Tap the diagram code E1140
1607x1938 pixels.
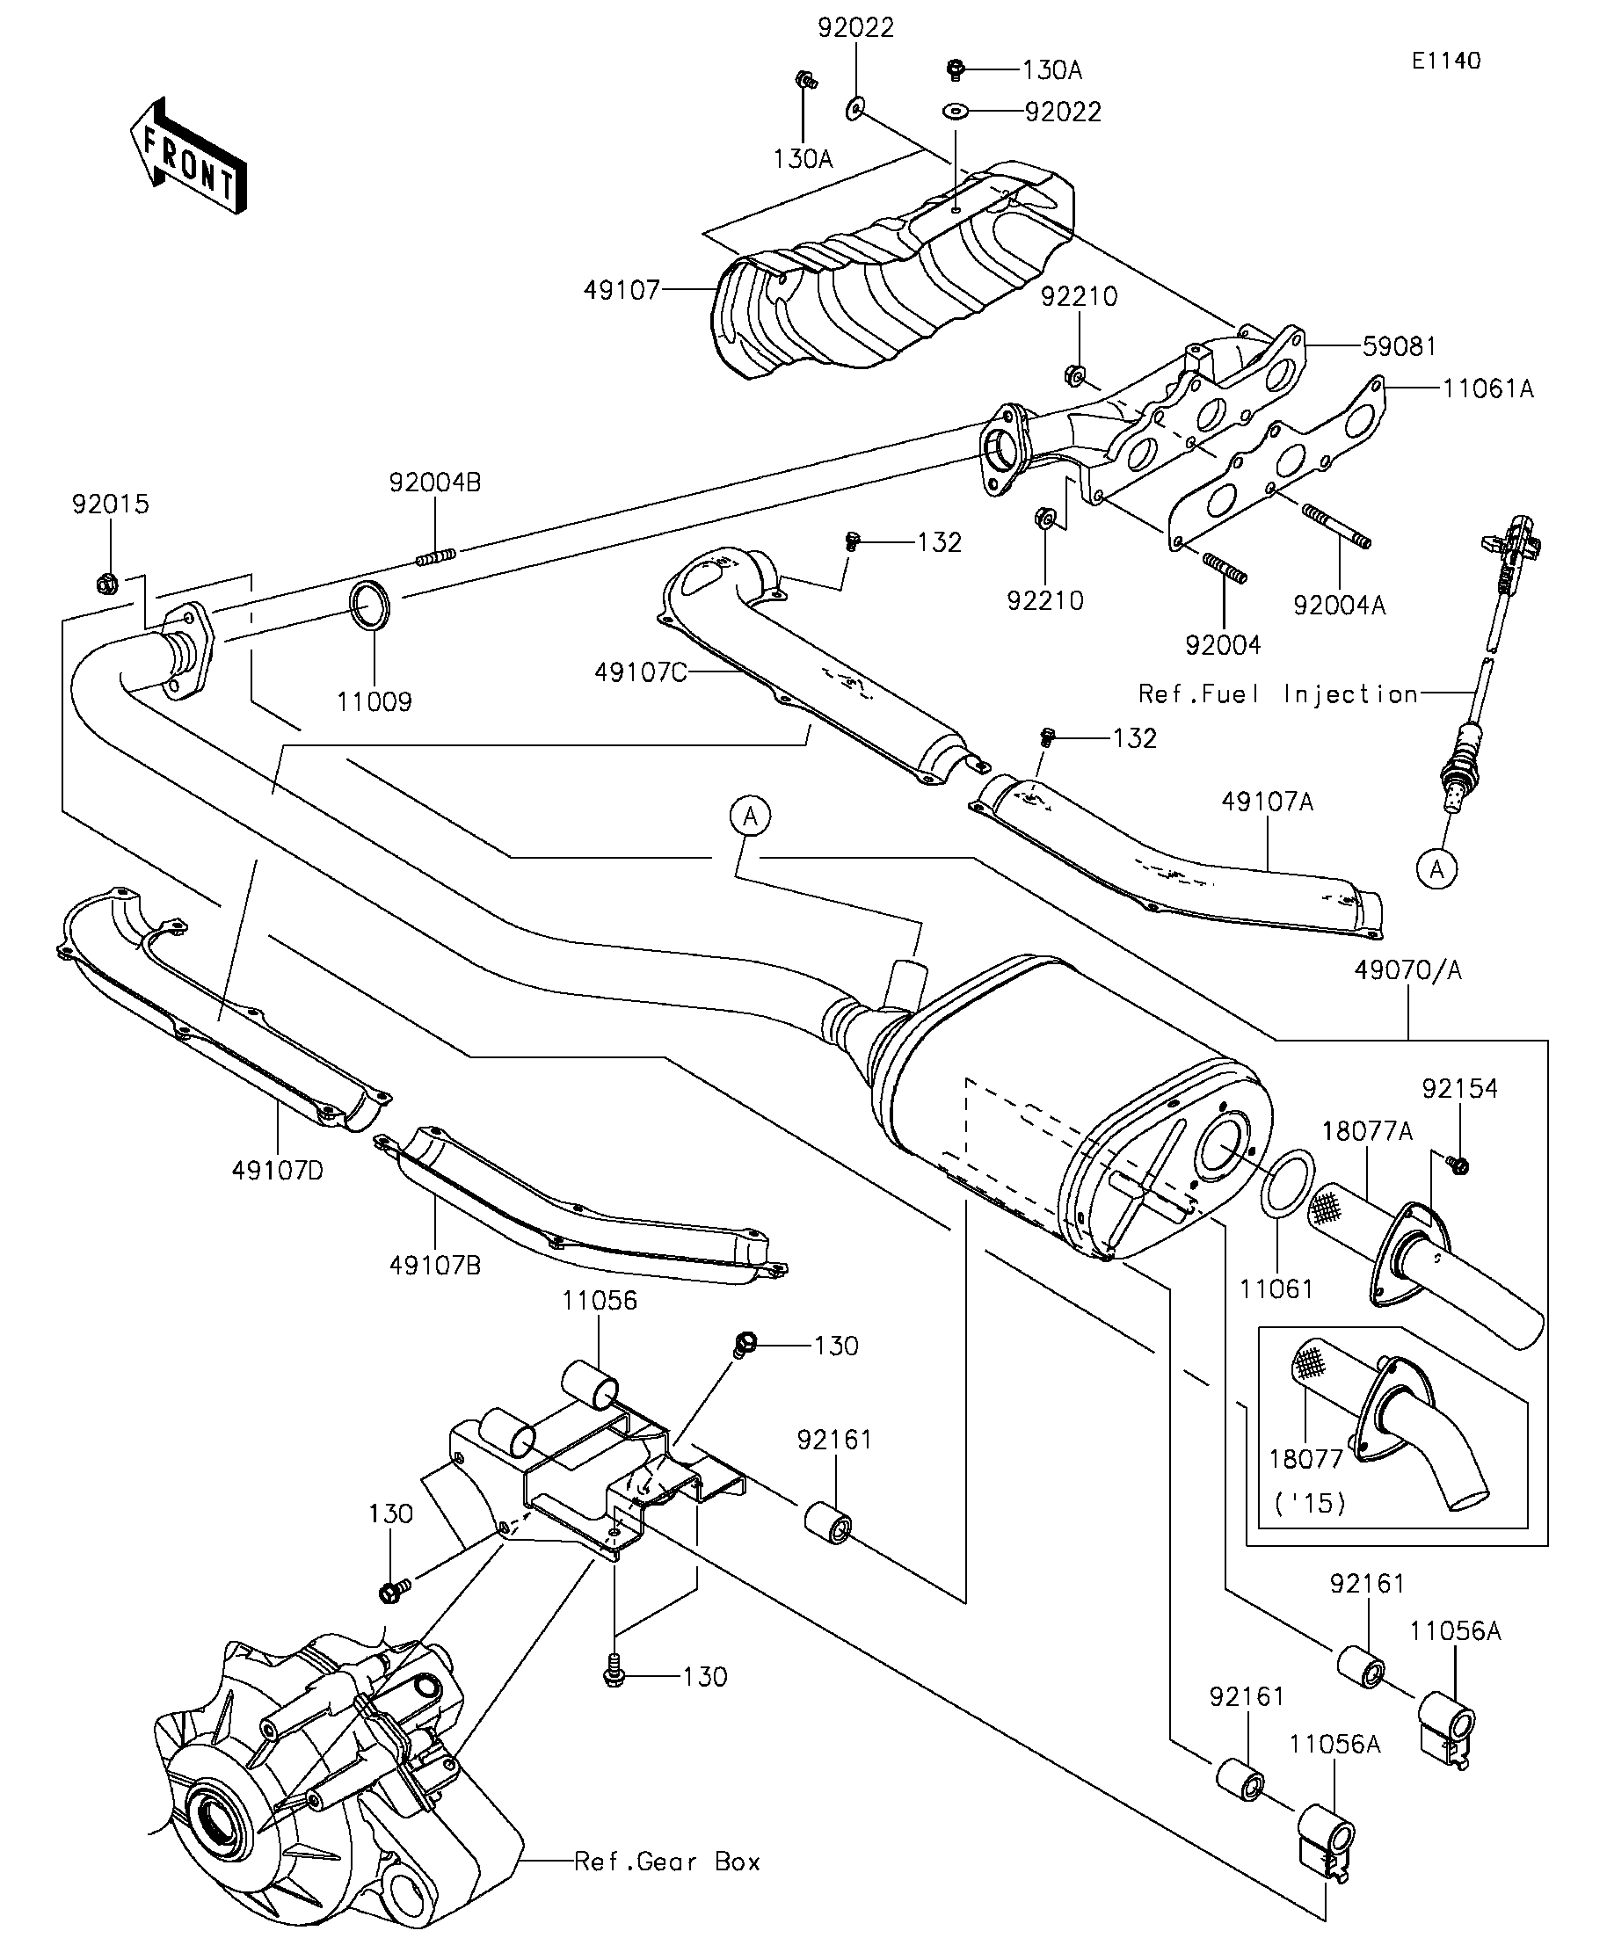click(1445, 61)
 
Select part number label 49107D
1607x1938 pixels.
click(278, 1170)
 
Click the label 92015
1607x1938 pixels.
click(111, 504)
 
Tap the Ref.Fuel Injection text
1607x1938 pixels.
click(1277, 694)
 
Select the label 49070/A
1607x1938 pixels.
click(1408, 971)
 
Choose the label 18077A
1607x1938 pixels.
click(1367, 1130)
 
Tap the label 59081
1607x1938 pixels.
click(1400, 347)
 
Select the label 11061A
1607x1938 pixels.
click(1488, 389)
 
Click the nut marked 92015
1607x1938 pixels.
click(105, 584)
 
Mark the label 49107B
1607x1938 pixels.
click(435, 1266)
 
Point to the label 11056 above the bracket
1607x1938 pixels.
click(600, 1301)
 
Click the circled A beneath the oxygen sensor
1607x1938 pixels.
click(1437, 868)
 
